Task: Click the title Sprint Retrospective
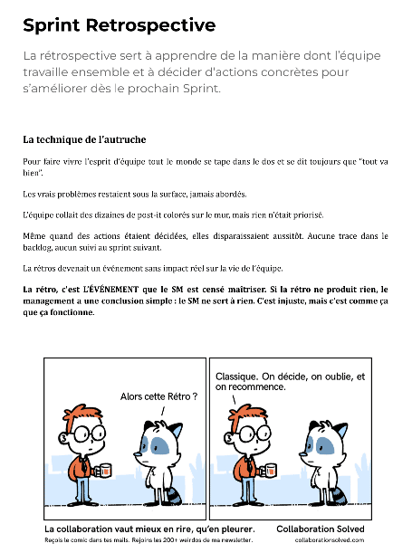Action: pos(120,25)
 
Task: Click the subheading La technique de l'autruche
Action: pos(84,139)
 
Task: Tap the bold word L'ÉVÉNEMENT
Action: pos(110,290)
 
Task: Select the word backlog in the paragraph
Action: pos(37,248)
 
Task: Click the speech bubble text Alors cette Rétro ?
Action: pos(158,396)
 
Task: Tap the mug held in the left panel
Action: pos(104,470)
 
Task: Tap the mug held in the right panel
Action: pos(269,470)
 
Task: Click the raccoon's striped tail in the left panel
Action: pos(174,495)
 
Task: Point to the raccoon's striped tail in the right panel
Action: pos(340,495)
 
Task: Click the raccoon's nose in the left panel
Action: pos(135,454)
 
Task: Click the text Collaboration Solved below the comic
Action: pos(321,529)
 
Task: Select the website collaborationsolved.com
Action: pos(330,540)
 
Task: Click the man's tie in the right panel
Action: pos(250,464)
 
